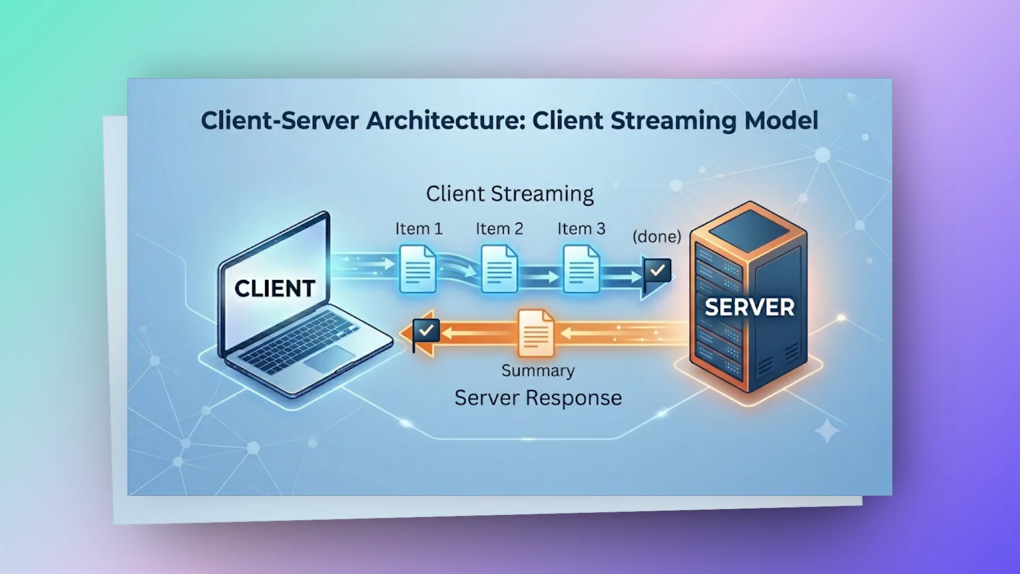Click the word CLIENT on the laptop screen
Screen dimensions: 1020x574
click(275, 289)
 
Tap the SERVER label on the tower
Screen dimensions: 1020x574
click(750, 307)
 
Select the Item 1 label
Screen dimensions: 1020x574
click(419, 229)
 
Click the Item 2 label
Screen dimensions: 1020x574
click(499, 229)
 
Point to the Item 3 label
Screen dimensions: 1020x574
click(581, 229)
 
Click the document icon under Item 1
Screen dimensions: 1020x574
click(418, 268)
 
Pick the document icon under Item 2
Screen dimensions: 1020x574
click(499, 268)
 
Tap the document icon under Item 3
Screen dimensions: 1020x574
click(581, 268)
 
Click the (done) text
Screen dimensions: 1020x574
click(657, 236)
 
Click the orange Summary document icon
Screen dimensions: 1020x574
click(536, 333)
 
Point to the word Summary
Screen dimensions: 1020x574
click(538, 370)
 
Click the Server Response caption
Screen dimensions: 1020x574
click(538, 398)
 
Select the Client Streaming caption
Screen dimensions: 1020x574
click(510, 194)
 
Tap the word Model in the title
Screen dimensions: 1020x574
click(781, 120)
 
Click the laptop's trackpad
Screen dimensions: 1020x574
click(329, 359)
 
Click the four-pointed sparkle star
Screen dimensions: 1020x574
click(827, 430)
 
